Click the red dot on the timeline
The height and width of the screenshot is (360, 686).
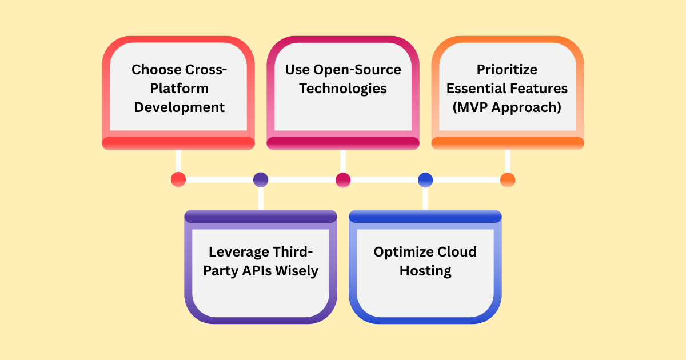point(178,179)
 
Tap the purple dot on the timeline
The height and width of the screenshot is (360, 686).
point(261,179)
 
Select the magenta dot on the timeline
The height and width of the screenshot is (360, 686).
point(343,179)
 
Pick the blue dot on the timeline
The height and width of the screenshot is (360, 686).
point(425,179)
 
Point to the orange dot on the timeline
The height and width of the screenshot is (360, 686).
point(508,179)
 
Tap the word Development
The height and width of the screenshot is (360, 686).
point(178,107)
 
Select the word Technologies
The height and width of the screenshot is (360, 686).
point(343,89)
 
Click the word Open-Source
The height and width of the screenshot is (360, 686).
point(357,70)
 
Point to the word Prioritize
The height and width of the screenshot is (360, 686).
point(508,70)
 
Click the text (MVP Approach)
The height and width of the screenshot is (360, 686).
point(508,107)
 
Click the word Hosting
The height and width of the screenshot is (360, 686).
point(425,270)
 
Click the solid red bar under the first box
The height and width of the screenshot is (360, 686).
point(178,143)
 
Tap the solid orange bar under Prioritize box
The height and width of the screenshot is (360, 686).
point(508,143)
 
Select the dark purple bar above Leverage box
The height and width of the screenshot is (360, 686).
point(261,216)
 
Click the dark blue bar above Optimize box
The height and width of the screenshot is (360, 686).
point(425,216)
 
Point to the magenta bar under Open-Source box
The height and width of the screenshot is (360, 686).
point(343,143)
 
